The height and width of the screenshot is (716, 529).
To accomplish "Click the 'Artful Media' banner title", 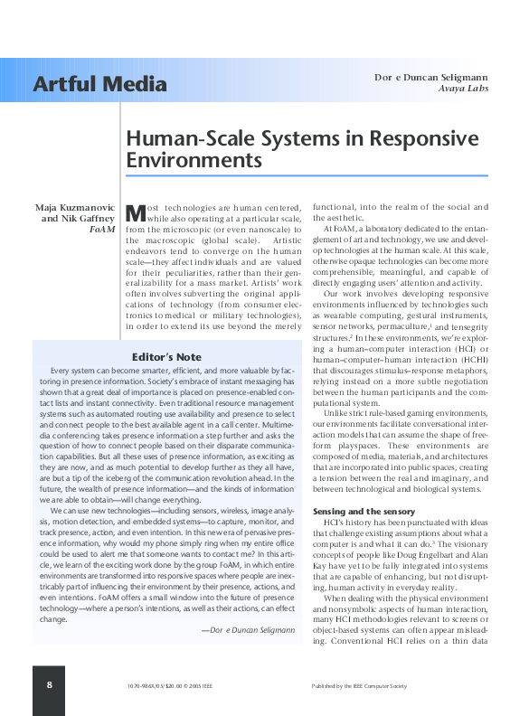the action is (x=99, y=85).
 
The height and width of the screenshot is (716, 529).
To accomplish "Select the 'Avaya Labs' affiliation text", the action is (x=464, y=89).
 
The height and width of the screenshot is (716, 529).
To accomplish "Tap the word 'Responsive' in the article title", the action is (x=419, y=139).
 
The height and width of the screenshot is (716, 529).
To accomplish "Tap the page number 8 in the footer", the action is (x=49, y=685).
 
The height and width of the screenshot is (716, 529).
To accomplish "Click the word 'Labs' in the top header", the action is (x=477, y=89).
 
